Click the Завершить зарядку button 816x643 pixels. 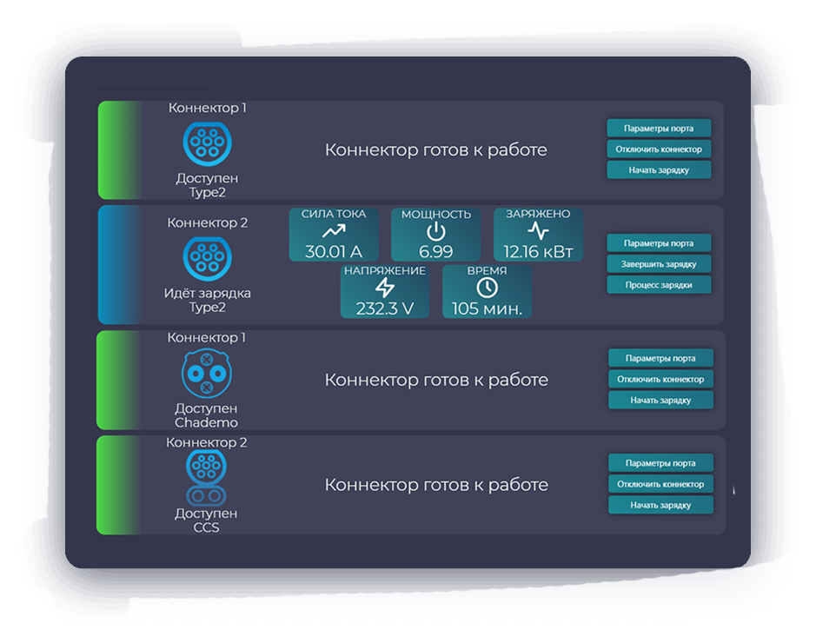point(660,263)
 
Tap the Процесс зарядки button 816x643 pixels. point(660,285)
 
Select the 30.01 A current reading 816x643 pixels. point(334,251)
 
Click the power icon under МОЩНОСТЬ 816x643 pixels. point(435,232)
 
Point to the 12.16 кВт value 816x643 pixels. point(538,251)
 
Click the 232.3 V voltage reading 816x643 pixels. point(384,308)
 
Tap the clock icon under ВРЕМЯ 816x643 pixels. point(487,288)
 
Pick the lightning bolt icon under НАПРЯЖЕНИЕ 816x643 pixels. point(384,288)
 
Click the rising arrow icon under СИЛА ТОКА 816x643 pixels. point(334,232)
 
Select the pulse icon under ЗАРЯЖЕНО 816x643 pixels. point(538,232)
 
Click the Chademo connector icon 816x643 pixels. point(207,373)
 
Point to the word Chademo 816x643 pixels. point(206,422)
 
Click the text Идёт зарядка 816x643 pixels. point(207,293)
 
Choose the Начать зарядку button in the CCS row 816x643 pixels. point(660,505)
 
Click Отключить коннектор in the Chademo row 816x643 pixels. point(660,379)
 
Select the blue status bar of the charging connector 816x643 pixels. point(117,265)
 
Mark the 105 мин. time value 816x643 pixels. point(487,308)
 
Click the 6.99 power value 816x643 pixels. point(435,251)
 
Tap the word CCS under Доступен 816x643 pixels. point(207,527)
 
